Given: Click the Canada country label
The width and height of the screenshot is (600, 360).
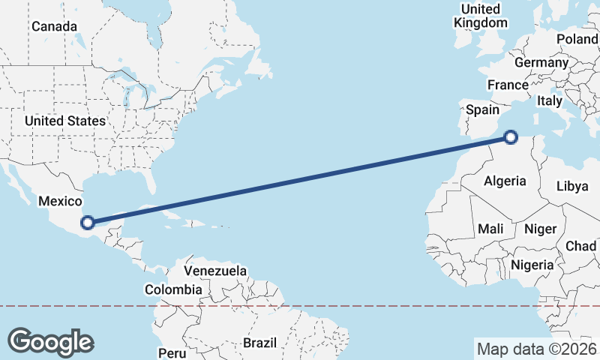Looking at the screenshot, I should (54, 26).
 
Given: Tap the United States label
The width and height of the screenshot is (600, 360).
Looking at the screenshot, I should (64, 121).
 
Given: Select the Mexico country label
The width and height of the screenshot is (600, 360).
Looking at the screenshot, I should (59, 201).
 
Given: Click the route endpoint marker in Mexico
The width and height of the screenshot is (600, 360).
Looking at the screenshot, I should (88, 222).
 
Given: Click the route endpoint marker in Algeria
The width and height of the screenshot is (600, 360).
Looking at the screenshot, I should (511, 137).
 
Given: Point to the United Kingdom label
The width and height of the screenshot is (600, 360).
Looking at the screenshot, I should (481, 16).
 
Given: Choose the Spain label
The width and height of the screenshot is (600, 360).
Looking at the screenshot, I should (482, 109).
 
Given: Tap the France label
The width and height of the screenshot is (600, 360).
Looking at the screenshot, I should (508, 85).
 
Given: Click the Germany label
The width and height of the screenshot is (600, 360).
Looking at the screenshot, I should (541, 62).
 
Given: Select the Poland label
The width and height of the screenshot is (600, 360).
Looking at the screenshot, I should (577, 39).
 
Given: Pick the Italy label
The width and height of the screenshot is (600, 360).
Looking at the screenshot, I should (550, 100).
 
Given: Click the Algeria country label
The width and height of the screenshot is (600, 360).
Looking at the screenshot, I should (505, 181).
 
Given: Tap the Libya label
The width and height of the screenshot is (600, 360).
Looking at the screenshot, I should (572, 186).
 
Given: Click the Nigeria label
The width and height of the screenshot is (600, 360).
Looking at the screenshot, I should (532, 265).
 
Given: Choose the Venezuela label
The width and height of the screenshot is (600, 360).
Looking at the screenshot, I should (215, 270).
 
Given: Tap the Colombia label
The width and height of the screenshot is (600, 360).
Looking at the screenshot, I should (173, 289).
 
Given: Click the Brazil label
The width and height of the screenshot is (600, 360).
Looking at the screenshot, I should (259, 343).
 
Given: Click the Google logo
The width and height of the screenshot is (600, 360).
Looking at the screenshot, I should (50, 342).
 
